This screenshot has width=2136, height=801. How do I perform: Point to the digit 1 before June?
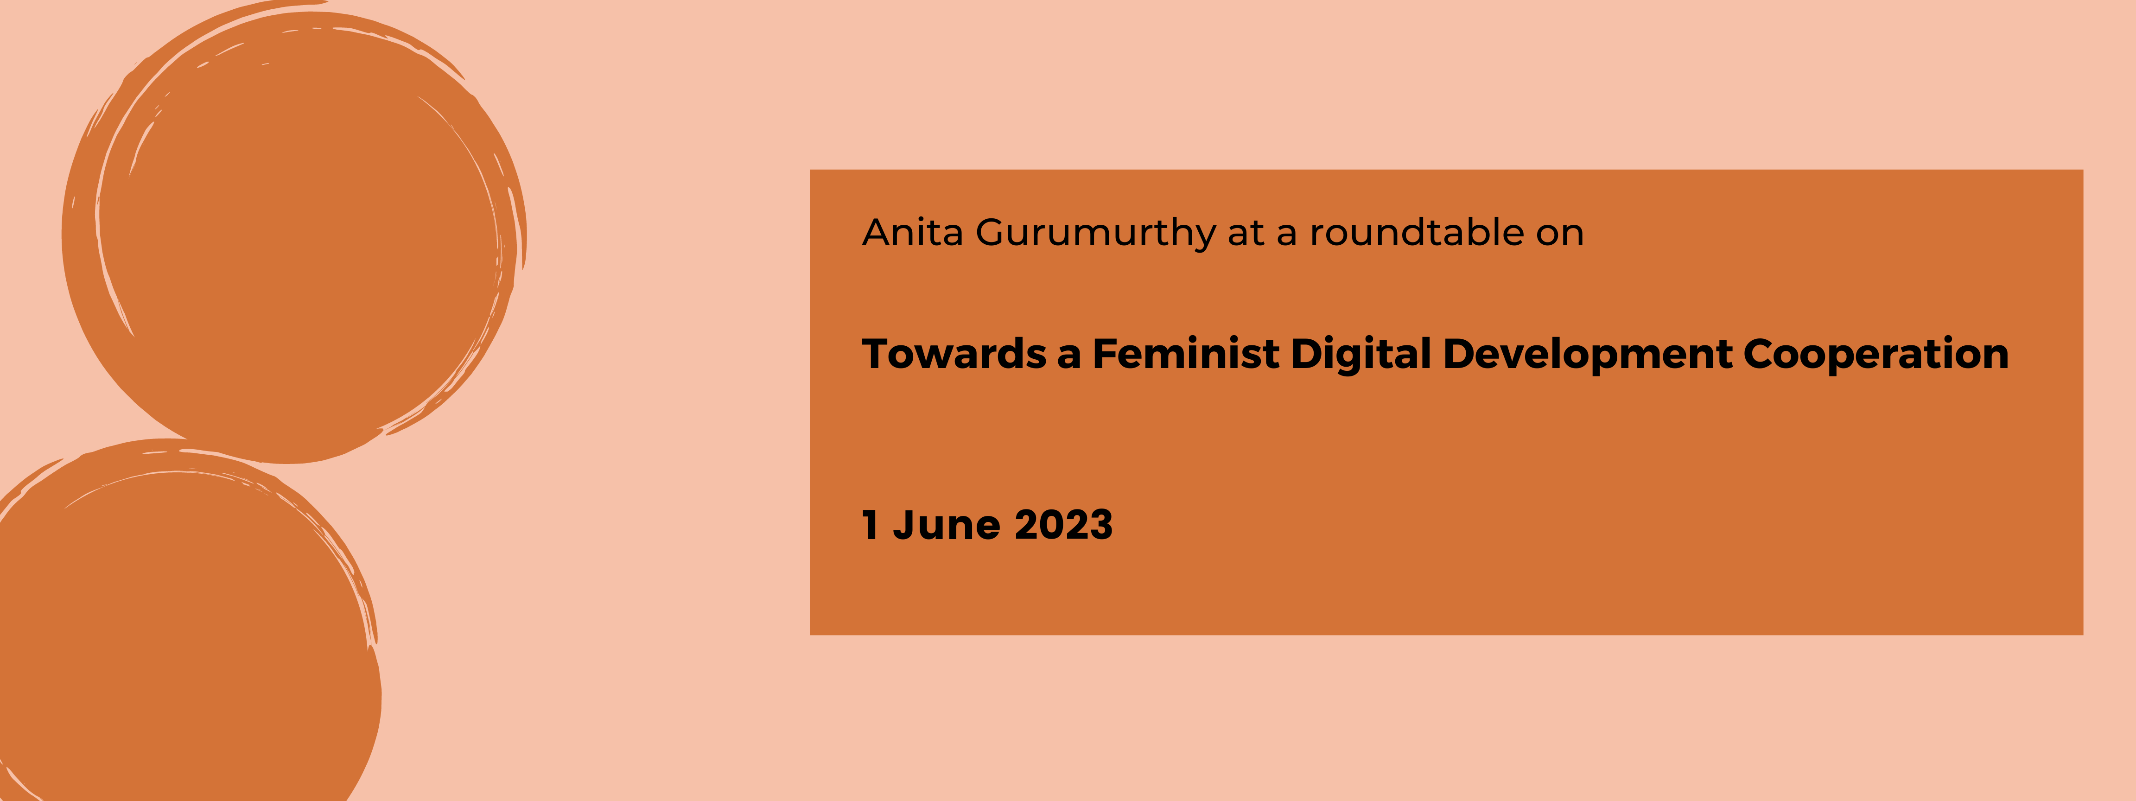(x=870, y=525)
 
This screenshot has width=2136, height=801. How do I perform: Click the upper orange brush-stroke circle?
(x=294, y=232)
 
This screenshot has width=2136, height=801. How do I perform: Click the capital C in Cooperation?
(x=1761, y=354)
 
